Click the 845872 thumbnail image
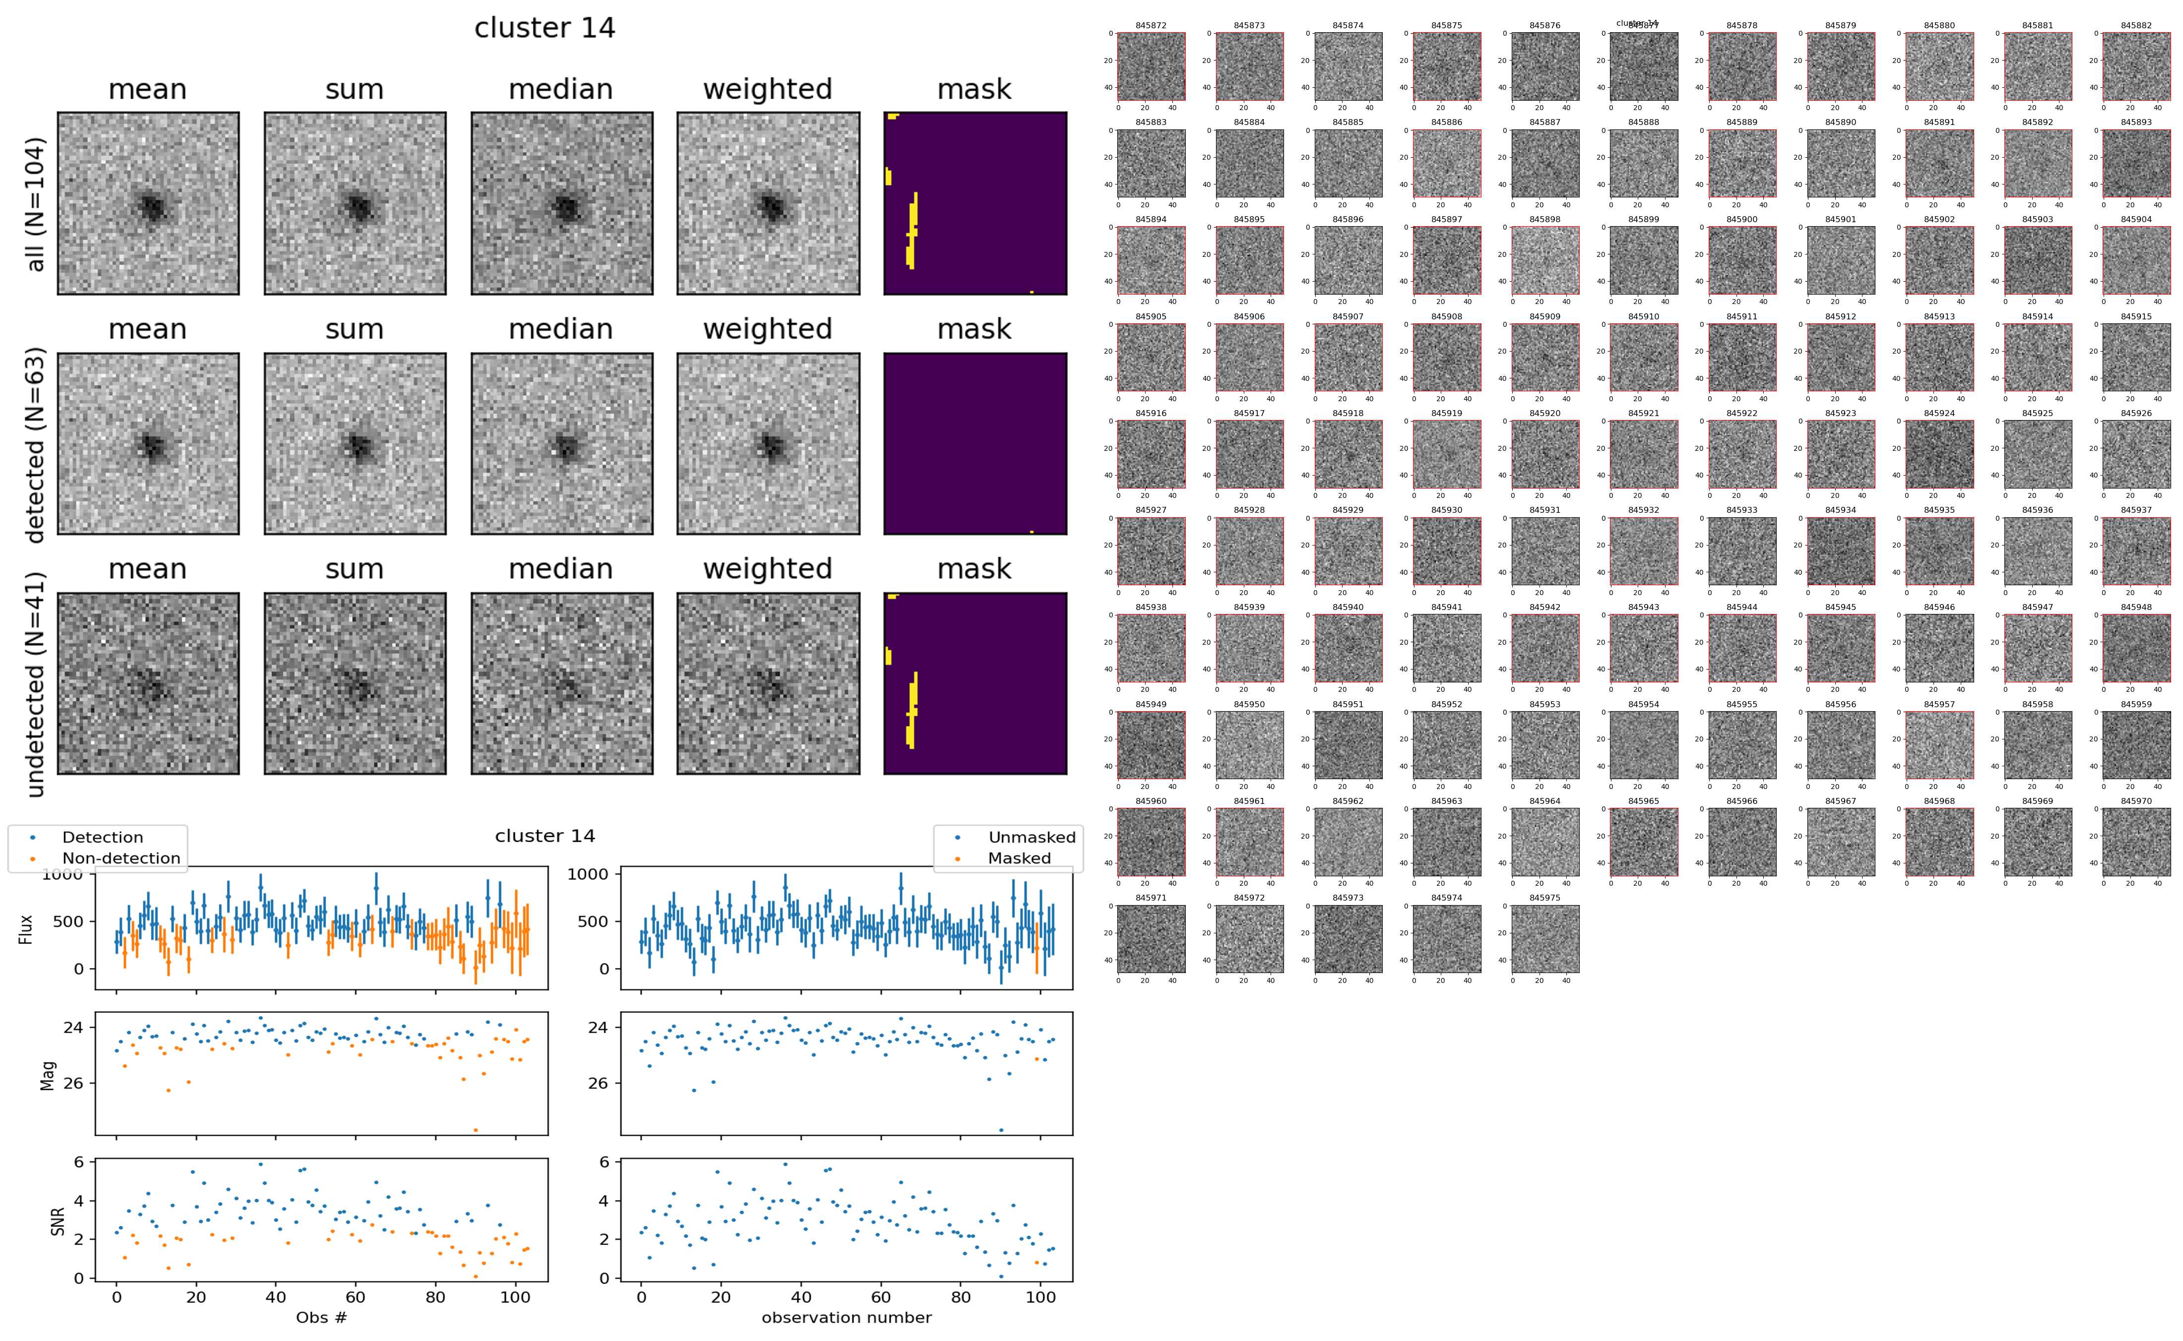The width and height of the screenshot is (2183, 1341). [x=1151, y=66]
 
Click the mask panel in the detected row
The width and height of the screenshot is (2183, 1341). [x=975, y=443]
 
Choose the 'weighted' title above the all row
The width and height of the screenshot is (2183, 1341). [x=768, y=90]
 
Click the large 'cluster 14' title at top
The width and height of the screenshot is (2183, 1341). [x=545, y=28]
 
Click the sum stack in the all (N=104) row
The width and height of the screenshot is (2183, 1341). [x=355, y=203]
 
